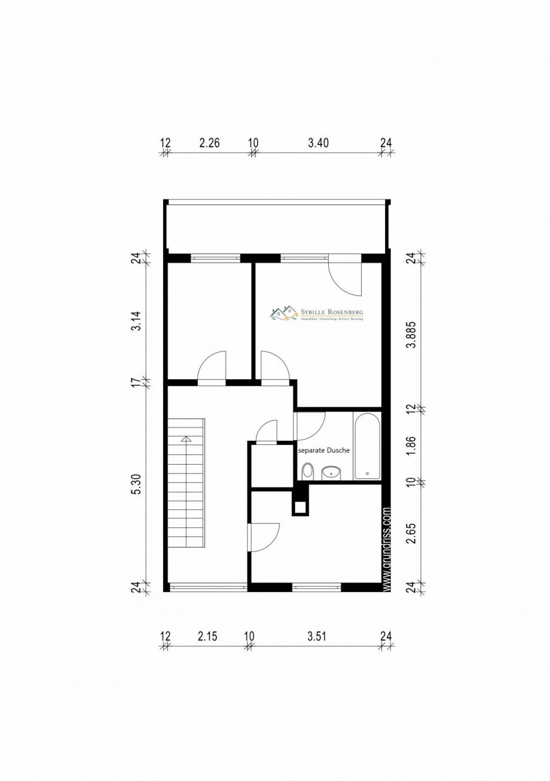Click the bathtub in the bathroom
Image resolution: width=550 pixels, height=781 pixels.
(x=366, y=446)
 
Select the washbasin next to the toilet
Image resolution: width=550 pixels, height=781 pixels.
(x=331, y=473)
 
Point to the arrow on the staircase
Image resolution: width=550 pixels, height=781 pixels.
(x=186, y=440)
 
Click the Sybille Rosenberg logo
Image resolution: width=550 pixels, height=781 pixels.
(x=317, y=314)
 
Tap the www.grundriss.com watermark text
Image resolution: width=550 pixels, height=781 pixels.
(x=387, y=550)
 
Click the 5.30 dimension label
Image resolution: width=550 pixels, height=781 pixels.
(x=137, y=484)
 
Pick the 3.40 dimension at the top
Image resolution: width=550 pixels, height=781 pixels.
(x=318, y=143)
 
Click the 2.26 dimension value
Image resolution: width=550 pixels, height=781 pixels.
(x=209, y=143)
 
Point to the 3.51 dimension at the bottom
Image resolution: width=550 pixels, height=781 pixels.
(x=317, y=636)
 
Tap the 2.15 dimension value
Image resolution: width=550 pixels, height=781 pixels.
(x=207, y=636)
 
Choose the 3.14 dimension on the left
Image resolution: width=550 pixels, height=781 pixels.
(x=137, y=321)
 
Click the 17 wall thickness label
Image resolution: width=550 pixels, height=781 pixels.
(x=137, y=381)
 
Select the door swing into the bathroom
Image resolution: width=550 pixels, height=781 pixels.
(x=311, y=423)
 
